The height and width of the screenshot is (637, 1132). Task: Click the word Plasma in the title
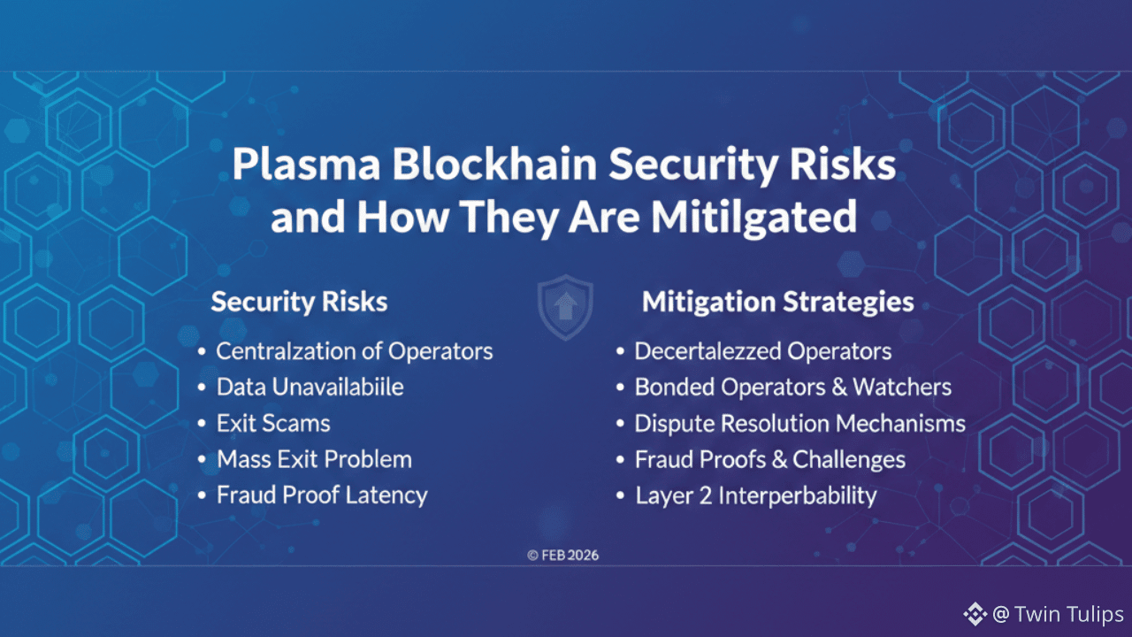pos(306,165)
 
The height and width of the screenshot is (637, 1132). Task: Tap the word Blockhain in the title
pos(494,164)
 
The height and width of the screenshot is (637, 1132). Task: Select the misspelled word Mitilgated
pos(753,218)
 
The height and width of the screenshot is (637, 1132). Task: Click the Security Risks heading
pos(299,302)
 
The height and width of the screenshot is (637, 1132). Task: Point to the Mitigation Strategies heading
pos(777,303)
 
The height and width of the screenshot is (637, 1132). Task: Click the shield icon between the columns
pos(565,306)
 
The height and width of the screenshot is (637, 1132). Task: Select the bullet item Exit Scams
pos(273,423)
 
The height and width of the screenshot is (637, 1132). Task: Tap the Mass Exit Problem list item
pos(314,459)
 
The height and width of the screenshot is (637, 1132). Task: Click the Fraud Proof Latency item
pos(322,495)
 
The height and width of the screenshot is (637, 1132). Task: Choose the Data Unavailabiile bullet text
pos(310,388)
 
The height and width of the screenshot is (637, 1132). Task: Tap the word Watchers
pos(902,388)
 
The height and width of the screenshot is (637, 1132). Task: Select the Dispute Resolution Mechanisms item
pos(800,424)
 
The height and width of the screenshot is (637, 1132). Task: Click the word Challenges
pos(849,460)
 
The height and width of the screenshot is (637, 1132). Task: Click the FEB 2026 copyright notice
pos(563,556)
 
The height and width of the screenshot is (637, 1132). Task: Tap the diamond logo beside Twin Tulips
pos(975,614)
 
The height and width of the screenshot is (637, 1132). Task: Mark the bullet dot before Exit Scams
pos(202,423)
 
